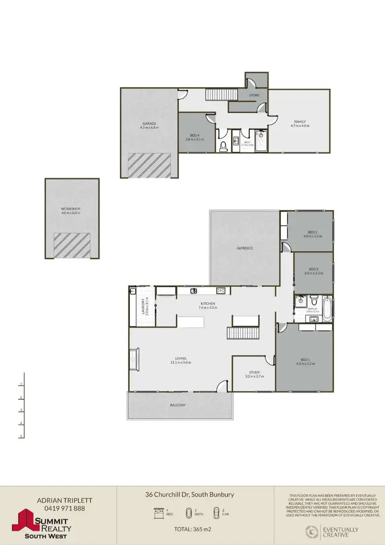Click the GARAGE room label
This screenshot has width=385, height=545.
coord(149,123)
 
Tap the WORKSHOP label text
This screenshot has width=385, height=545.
coord(71,209)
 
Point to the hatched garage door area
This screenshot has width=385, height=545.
coord(149,165)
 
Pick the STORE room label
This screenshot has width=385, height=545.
coord(255,95)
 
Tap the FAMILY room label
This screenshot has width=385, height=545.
coord(300,122)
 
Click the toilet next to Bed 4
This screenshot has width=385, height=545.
coord(223,147)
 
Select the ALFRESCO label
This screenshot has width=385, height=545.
coord(245,248)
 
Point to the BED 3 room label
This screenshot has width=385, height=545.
coord(315,269)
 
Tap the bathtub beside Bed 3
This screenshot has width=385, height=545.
coord(326,306)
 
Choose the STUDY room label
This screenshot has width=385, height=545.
coord(255,373)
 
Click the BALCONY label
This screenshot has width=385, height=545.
coord(178,405)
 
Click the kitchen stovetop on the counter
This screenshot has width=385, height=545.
coord(221,291)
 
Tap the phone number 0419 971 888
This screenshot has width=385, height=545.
coord(61,509)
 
